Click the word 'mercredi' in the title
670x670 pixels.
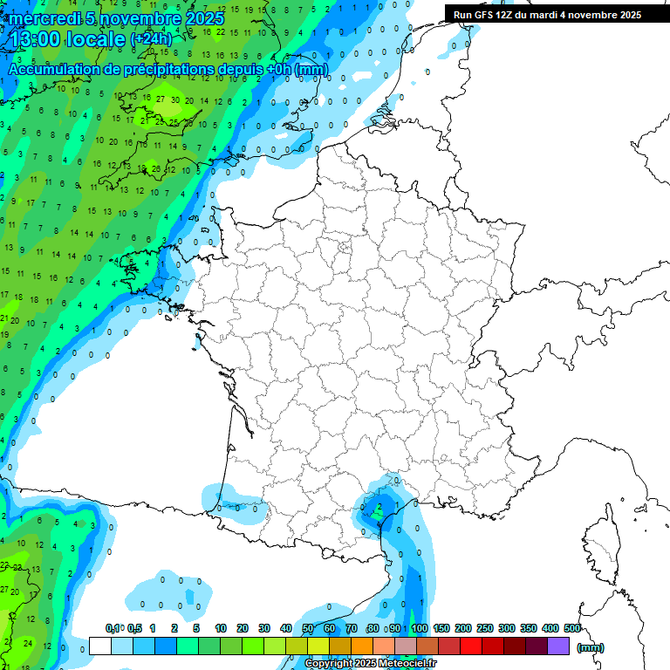(x=44, y=18)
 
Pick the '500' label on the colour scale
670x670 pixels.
(x=572, y=629)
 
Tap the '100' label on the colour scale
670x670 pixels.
(x=420, y=629)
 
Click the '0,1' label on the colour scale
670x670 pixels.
(x=113, y=629)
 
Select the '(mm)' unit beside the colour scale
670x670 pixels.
(x=590, y=647)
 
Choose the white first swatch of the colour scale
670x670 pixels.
(x=99, y=646)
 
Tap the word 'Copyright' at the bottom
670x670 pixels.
(x=329, y=664)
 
